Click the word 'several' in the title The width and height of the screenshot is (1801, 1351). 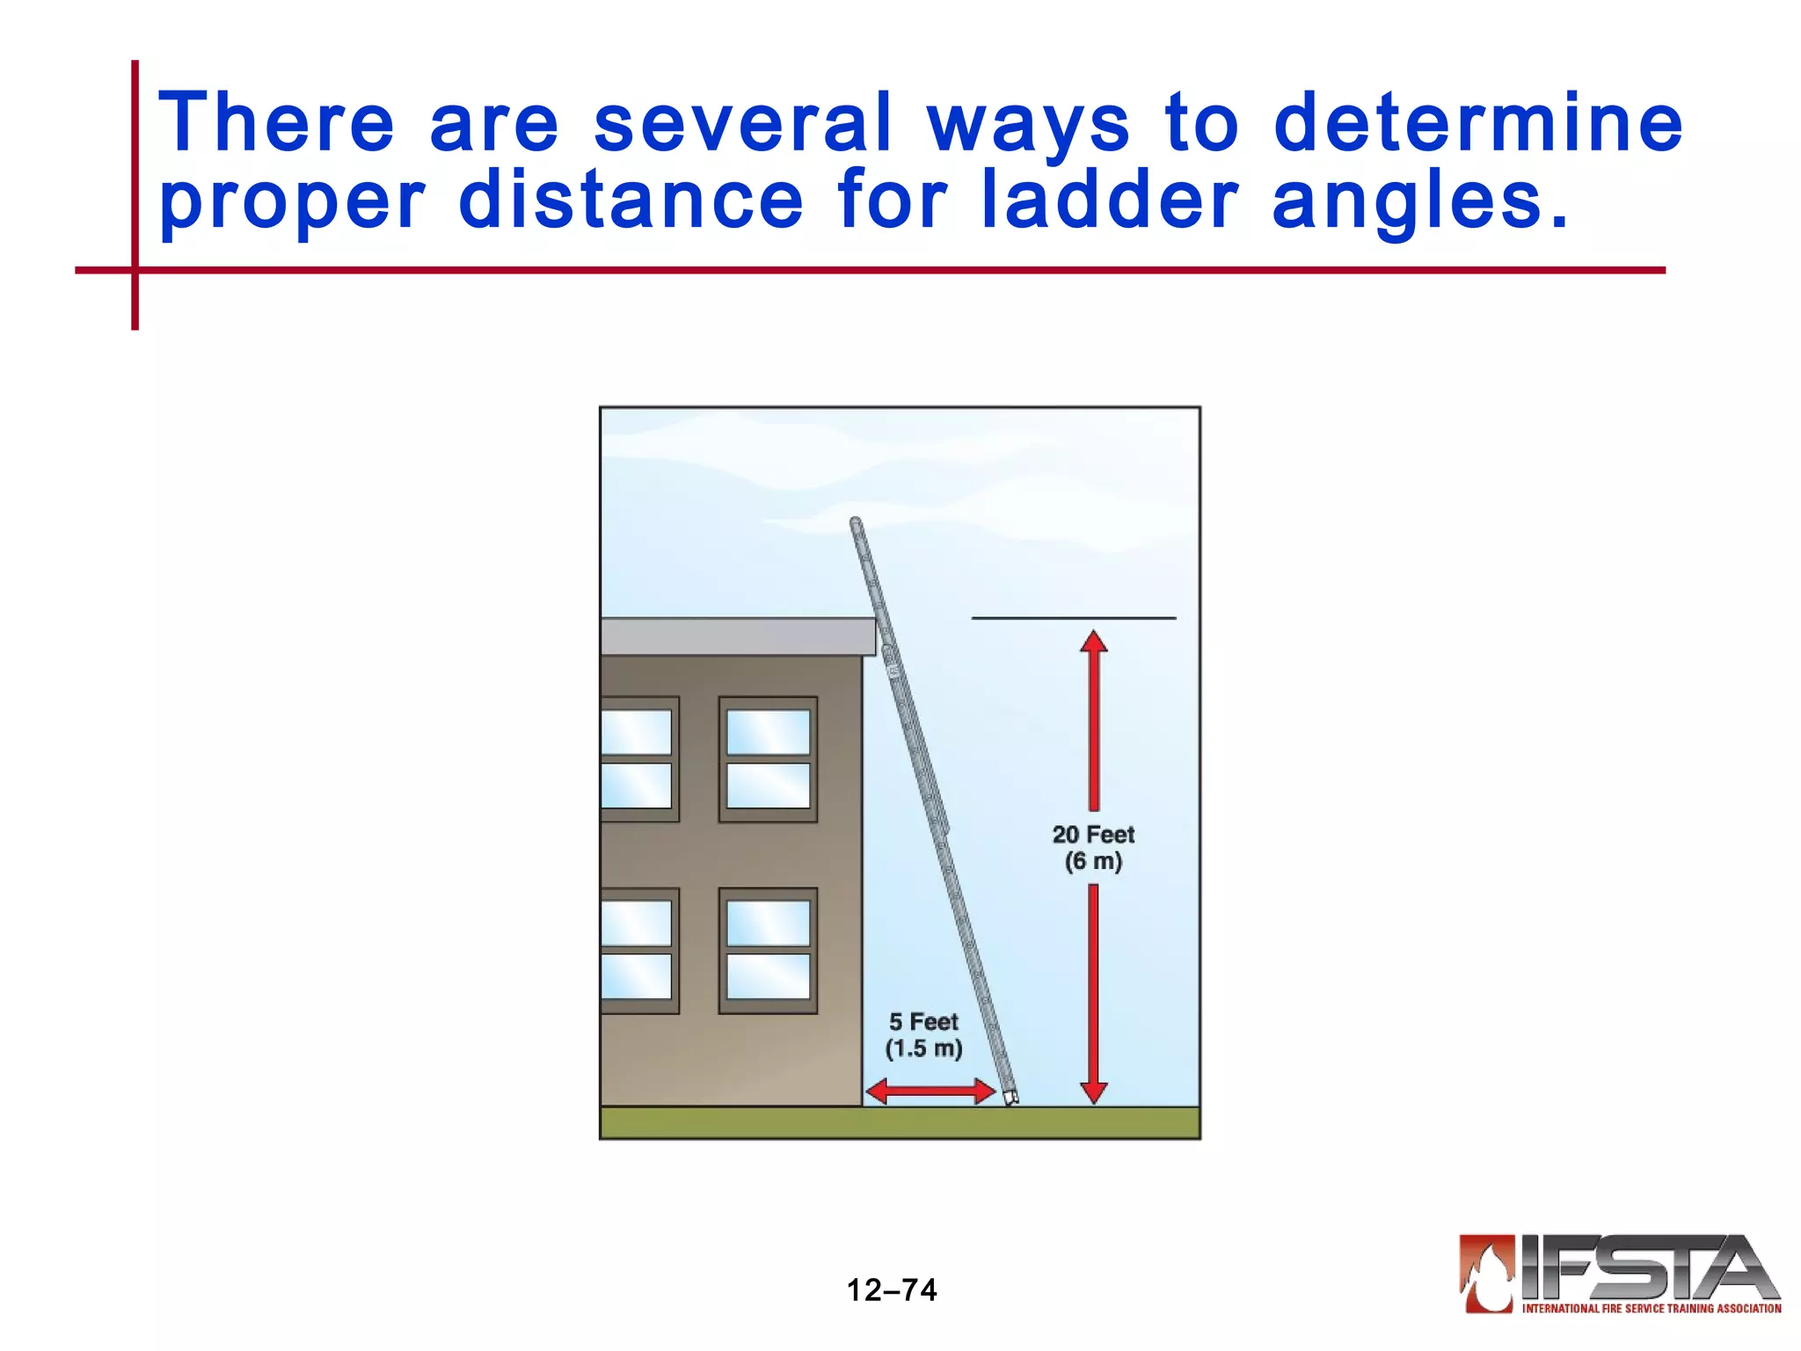point(743,123)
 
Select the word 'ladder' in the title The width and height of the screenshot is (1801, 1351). point(1110,201)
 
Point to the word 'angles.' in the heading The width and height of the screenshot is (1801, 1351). point(1419,202)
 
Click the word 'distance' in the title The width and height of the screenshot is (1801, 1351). point(631,201)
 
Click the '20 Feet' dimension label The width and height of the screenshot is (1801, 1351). point(1093,834)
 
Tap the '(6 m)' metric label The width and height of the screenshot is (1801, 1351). point(1093,861)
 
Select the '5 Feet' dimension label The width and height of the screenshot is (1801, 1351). point(923,1022)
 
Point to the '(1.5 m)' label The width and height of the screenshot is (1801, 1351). point(923,1048)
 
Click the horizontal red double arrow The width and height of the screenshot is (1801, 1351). point(930,1092)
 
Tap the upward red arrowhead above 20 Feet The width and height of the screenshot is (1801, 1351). point(1093,642)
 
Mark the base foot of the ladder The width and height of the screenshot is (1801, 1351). point(1010,1098)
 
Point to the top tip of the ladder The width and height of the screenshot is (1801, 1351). point(855,523)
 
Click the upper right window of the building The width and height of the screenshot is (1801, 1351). point(768,759)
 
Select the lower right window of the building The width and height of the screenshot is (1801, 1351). point(768,950)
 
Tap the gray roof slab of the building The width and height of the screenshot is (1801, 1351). point(737,636)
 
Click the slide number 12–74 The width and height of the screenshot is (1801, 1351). point(892,1289)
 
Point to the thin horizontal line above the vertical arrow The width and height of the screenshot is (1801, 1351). point(1073,618)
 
